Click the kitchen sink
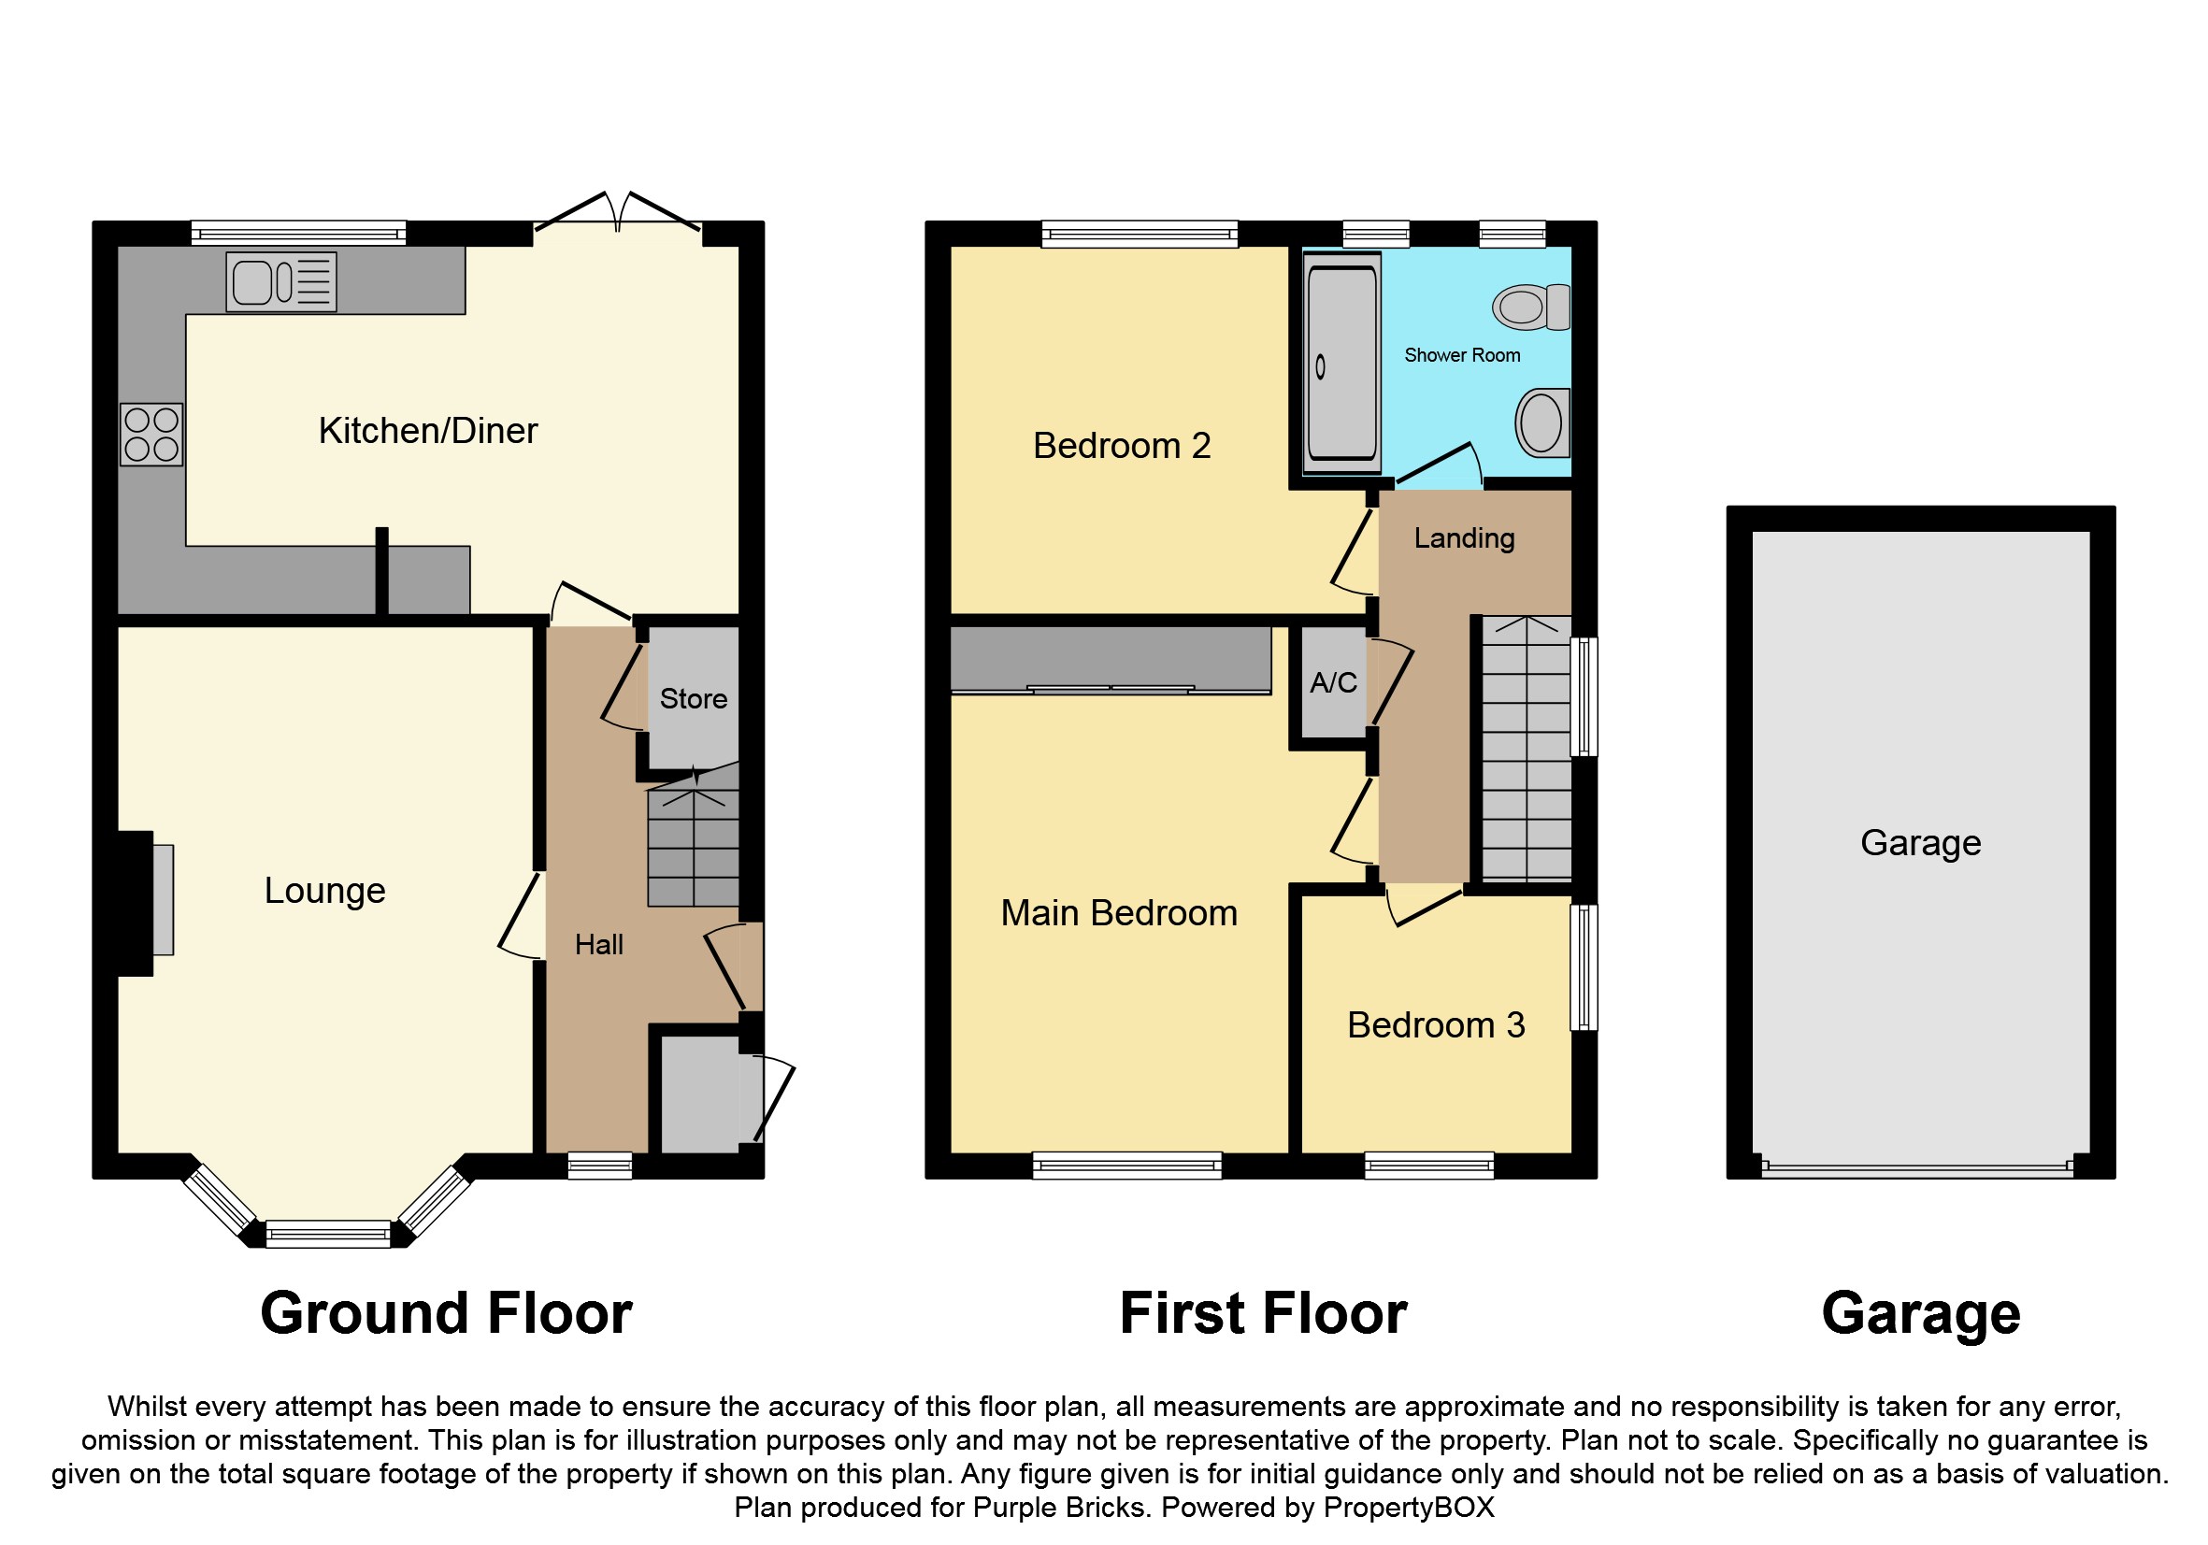click(x=280, y=281)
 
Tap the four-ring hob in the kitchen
click(x=151, y=435)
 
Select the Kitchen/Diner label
click(x=428, y=431)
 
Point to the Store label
click(x=694, y=699)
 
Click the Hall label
click(x=599, y=945)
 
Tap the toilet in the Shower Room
click(x=1531, y=307)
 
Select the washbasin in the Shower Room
click(x=1543, y=423)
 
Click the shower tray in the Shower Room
click(x=1341, y=364)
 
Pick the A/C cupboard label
click(x=1333, y=682)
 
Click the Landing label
click(x=1464, y=538)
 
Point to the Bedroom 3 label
click(x=1436, y=1025)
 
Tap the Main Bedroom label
click(x=1118, y=913)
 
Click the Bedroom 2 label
click(x=1122, y=446)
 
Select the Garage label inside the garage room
click(x=1920, y=843)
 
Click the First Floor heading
click(x=1264, y=1313)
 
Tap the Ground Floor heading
click(x=446, y=1313)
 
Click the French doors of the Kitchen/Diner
click(x=617, y=212)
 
